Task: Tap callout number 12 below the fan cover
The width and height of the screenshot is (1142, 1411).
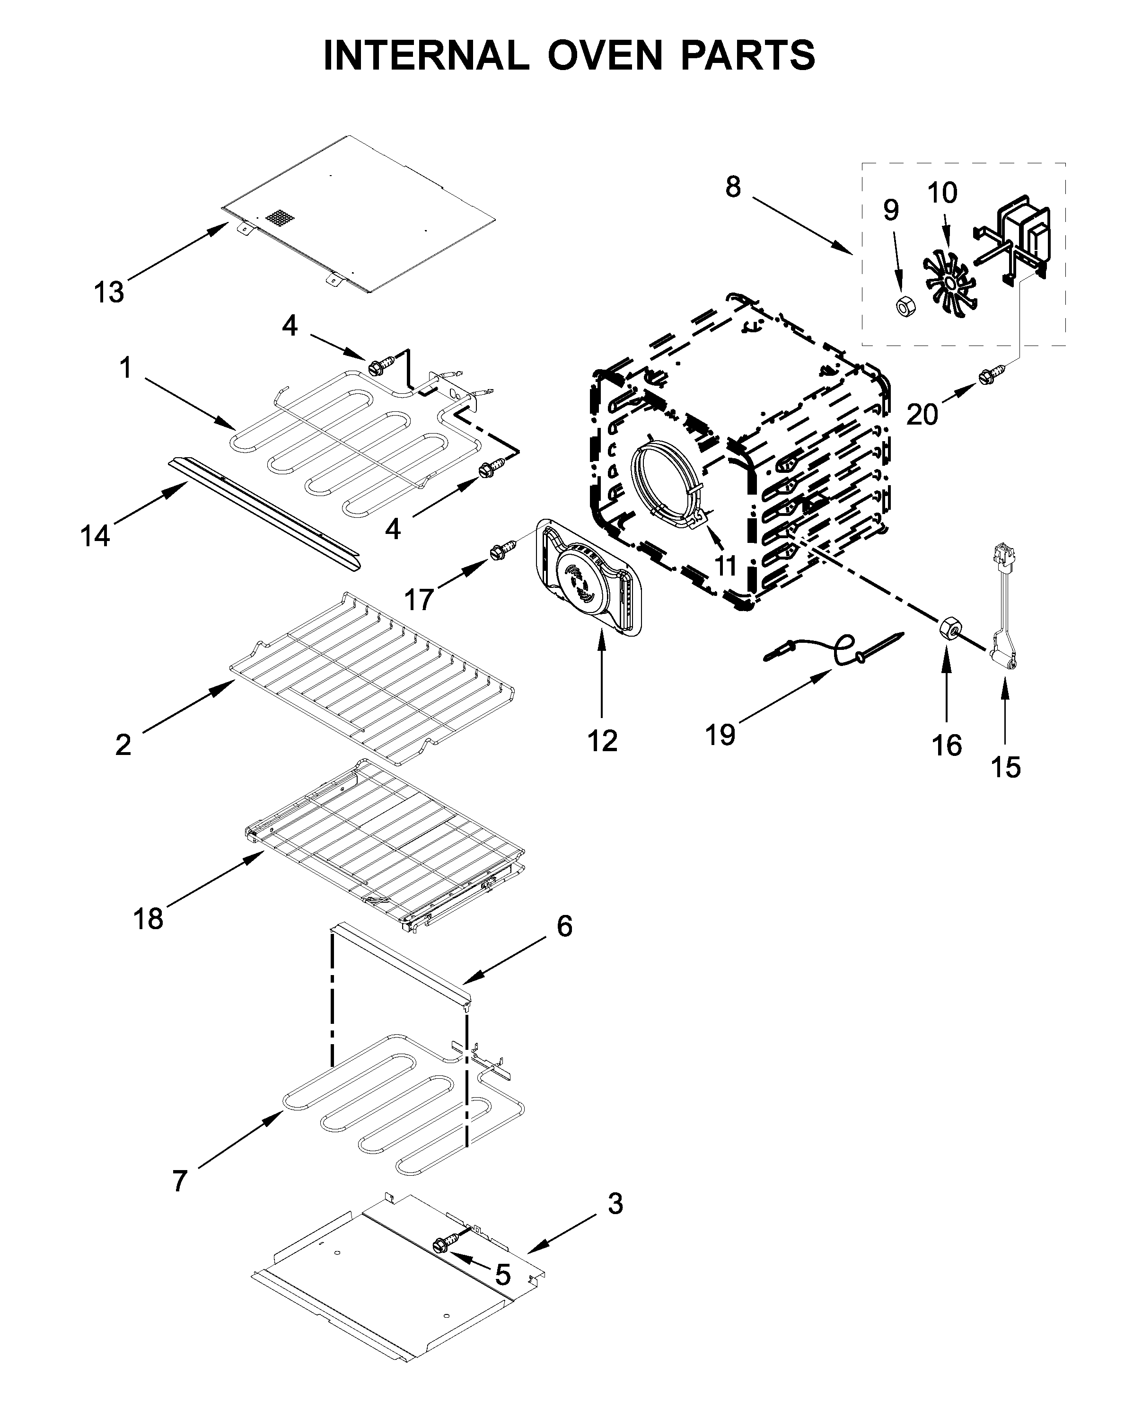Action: (x=602, y=741)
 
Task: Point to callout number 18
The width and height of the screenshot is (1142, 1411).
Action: (x=148, y=918)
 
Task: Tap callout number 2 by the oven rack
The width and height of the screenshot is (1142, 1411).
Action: (x=123, y=745)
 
